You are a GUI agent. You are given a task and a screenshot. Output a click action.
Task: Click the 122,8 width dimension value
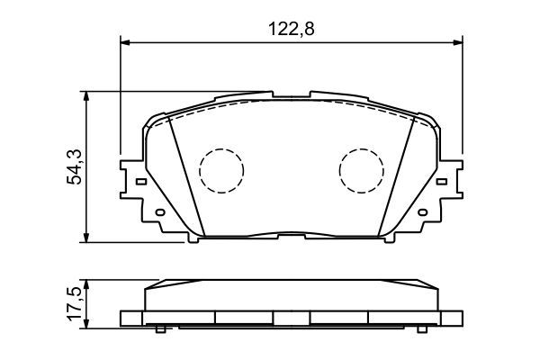(291, 28)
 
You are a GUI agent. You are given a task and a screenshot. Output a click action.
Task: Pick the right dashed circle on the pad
(361, 168)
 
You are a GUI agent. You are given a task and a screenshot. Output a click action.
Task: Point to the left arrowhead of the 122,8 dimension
(126, 41)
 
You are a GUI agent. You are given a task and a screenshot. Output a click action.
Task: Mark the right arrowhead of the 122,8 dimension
(458, 41)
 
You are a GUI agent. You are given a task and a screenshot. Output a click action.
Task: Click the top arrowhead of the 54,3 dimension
(85, 95)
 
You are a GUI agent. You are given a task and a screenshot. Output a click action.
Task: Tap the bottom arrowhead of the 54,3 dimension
(85, 238)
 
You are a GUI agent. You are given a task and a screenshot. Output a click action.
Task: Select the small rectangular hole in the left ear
(139, 179)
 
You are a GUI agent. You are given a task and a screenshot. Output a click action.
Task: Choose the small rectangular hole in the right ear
(444, 179)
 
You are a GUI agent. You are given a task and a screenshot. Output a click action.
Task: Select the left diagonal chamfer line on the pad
(185, 175)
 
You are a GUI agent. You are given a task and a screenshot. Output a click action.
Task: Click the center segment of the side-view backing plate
(291, 318)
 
